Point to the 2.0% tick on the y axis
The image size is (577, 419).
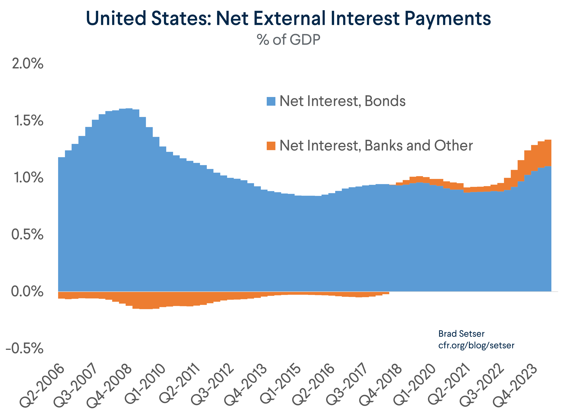coord(27,64)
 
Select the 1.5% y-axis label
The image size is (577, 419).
coord(28,121)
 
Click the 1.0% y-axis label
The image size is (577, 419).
coord(28,178)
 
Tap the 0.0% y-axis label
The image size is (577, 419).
coord(27,292)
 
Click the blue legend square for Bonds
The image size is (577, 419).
coord(271,101)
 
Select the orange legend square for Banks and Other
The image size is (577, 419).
coord(271,146)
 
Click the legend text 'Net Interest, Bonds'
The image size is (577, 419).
coord(342,101)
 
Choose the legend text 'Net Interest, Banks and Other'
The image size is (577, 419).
coord(376,146)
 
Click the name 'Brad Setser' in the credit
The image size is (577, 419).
coord(461,333)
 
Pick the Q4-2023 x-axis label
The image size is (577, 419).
coord(515,385)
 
